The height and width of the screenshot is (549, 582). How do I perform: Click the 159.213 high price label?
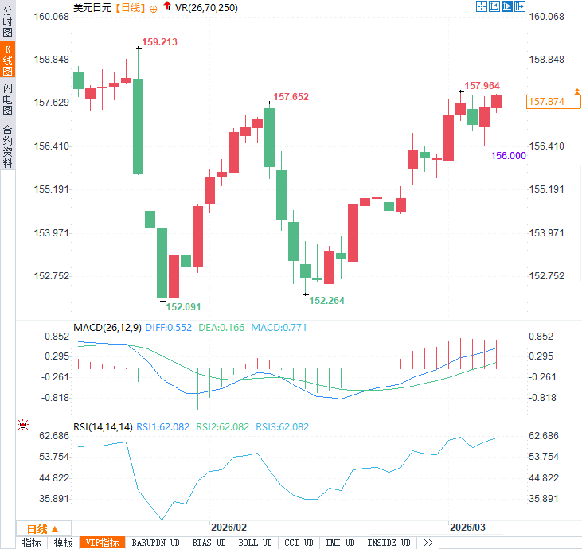pyautogui.click(x=159, y=42)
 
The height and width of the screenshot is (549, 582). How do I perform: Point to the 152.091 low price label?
pyautogui.click(x=183, y=307)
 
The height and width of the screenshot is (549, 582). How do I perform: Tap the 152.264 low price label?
pyautogui.click(x=326, y=300)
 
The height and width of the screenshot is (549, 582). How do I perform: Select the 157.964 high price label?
pyautogui.click(x=482, y=86)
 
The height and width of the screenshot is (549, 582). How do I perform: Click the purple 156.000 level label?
pyautogui.click(x=508, y=156)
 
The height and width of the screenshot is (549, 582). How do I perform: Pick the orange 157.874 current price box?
pyautogui.click(x=553, y=102)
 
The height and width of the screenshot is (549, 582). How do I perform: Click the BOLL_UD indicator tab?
pyautogui.click(x=255, y=543)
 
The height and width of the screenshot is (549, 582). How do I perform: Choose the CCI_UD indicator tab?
pyautogui.click(x=299, y=543)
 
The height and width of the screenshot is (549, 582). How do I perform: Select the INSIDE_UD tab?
pyautogui.click(x=389, y=543)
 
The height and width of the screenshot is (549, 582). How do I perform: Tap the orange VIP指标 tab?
pyautogui.click(x=102, y=543)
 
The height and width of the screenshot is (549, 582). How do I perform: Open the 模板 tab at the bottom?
pyautogui.click(x=63, y=543)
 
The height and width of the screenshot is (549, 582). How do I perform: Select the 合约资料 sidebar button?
pyautogui.click(x=8, y=146)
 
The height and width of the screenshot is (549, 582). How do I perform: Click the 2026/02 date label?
pyautogui.click(x=229, y=528)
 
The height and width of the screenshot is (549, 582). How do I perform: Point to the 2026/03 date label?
pyautogui.click(x=467, y=528)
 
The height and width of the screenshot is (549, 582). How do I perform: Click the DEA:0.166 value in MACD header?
pyautogui.click(x=221, y=328)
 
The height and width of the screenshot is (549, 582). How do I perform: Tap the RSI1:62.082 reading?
pyautogui.click(x=162, y=427)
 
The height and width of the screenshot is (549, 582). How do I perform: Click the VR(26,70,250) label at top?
pyautogui.click(x=206, y=8)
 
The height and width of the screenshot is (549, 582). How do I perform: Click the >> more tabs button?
pyautogui.click(x=428, y=543)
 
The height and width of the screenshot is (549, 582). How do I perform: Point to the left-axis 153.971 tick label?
pyautogui.click(x=51, y=233)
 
